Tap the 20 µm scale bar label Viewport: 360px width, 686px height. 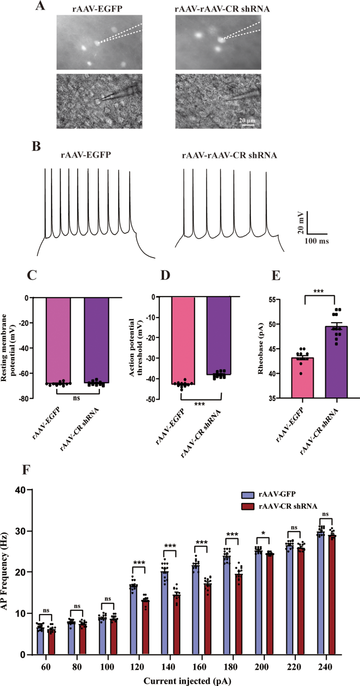(x=247, y=120)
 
